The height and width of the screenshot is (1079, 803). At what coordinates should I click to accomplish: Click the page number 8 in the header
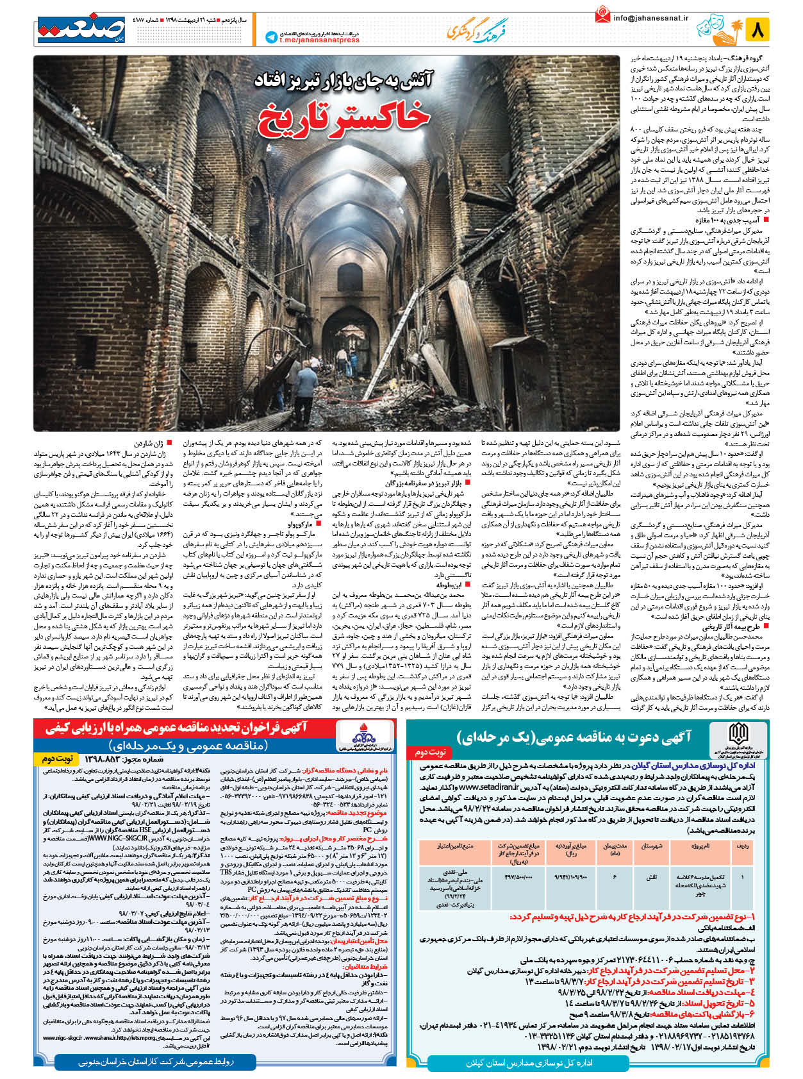(x=758, y=29)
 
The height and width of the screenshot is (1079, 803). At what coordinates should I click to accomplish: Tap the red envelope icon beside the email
(x=602, y=15)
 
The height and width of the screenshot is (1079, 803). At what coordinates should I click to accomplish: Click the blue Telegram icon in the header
(x=270, y=37)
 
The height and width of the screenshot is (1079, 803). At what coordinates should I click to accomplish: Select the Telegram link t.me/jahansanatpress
(x=319, y=40)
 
